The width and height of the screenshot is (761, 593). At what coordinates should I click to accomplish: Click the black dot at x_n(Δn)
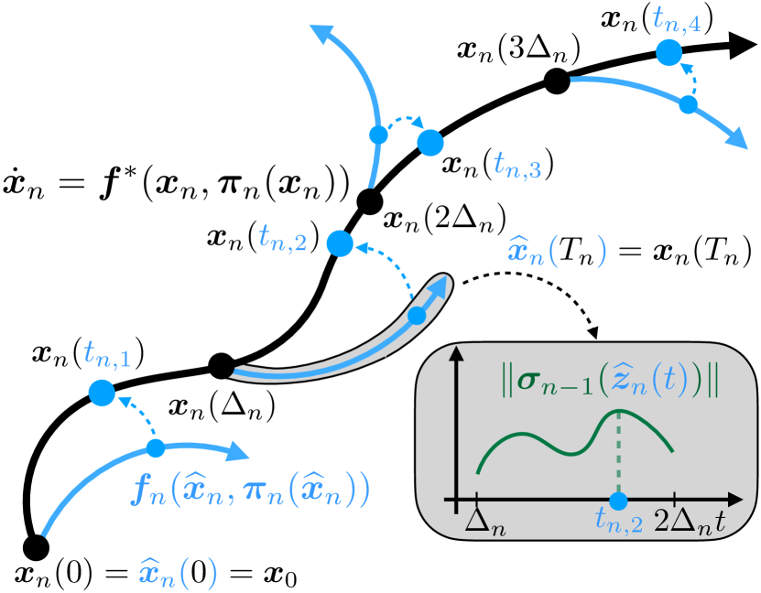pyautogui.click(x=220, y=366)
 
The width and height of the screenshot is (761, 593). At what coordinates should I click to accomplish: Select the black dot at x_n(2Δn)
pyautogui.click(x=368, y=202)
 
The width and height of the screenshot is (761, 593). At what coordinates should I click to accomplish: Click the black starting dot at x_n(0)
pyautogui.click(x=35, y=546)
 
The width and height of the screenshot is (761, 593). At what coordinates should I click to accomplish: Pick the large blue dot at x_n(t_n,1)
pyautogui.click(x=101, y=394)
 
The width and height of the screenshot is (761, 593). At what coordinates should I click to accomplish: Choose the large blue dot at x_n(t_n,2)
pyautogui.click(x=339, y=243)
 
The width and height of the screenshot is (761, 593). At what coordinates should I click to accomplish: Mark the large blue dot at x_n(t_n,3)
pyautogui.click(x=429, y=142)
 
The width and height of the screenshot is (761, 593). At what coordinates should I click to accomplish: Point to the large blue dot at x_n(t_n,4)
pyautogui.click(x=669, y=52)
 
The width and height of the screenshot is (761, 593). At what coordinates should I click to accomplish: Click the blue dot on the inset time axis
pyautogui.click(x=619, y=501)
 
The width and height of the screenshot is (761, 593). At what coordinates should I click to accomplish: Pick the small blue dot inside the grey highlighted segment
pyautogui.click(x=417, y=316)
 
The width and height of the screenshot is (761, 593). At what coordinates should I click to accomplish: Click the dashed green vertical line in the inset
pyautogui.click(x=619, y=458)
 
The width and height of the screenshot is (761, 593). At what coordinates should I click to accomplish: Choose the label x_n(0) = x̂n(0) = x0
pyautogui.click(x=156, y=574)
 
